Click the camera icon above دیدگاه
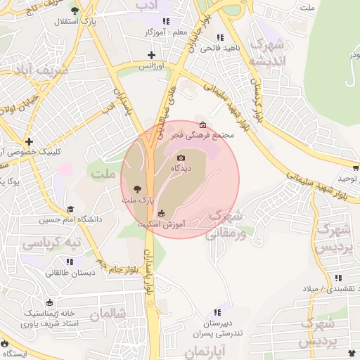click(x=181, y=157)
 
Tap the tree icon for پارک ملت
click(x=136, y=188)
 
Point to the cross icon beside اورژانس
click(x=151, y=55)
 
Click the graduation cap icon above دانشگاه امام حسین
click(x=70, y=210)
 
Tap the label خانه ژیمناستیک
click(x=51, y=311)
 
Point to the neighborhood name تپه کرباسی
click(x=51, y=243)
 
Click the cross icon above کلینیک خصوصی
click(x=29, y=141)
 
